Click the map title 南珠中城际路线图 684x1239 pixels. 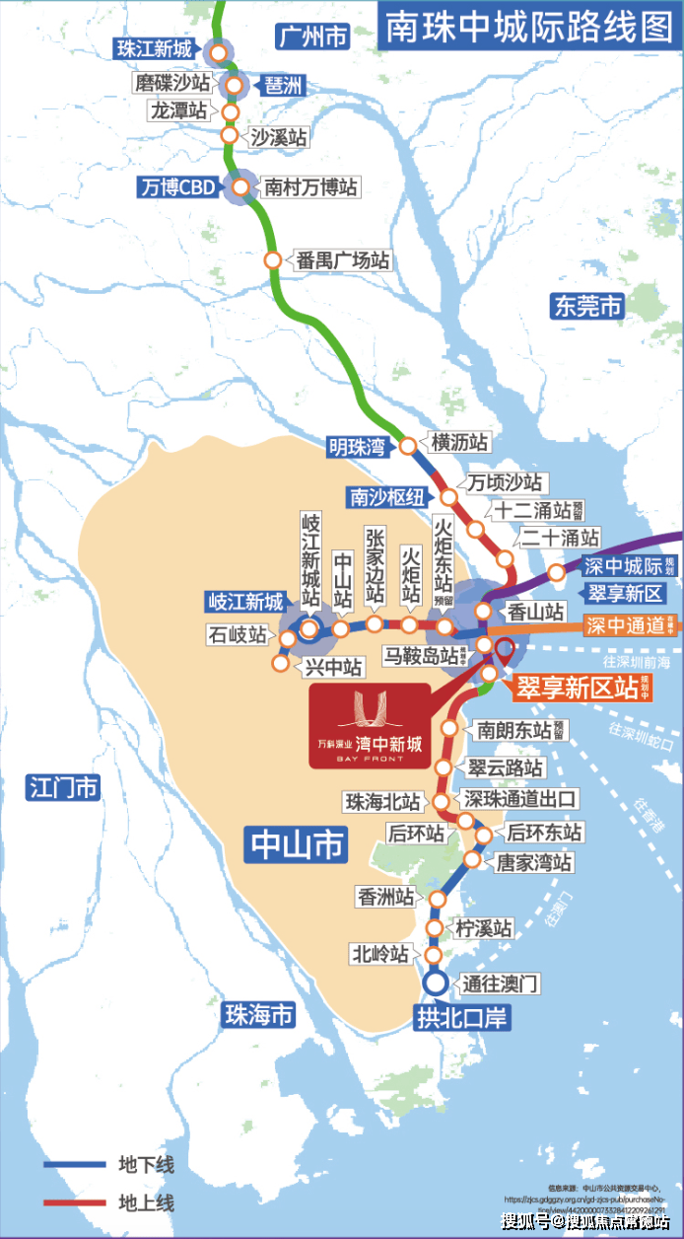click(528, 27)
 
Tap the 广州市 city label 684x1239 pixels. click(311, 37)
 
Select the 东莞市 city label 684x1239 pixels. click(587, 307)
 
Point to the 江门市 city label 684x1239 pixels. click(64, 787)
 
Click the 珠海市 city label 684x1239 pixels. click(258, 1014)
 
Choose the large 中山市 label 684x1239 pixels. click(297, 844)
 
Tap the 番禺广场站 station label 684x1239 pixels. click(343, 260)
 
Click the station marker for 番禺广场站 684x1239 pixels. click(273, 260)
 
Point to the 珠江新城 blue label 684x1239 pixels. click(157, 48)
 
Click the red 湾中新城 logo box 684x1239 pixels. click(370, 725)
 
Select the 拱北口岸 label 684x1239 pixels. click(461, 1017)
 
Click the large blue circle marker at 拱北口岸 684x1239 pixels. click(435, 984)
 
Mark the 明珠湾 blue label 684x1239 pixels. click(357, 447)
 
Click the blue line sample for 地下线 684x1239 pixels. click(74, 1165)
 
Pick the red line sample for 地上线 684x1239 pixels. click(74, 1203)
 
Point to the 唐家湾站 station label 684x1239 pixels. click(533, 862)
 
